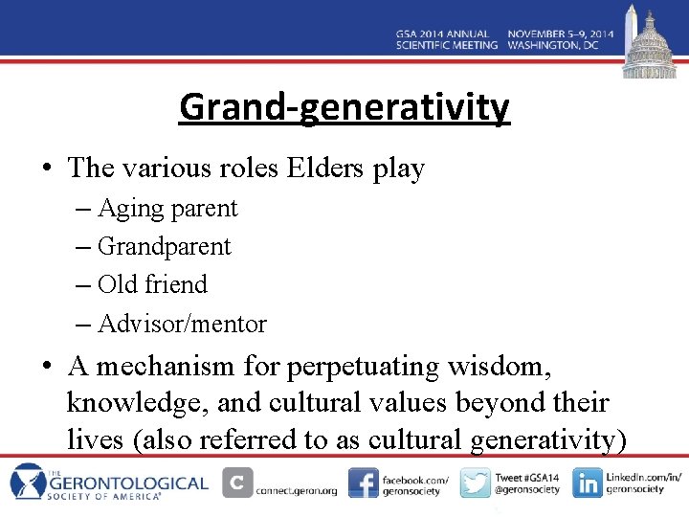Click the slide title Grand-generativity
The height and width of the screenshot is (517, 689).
coord(344,107)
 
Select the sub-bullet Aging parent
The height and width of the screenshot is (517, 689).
coord(167,208)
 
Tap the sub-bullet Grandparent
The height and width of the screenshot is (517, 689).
coord(164,246)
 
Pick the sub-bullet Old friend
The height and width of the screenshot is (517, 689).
coord(152,284)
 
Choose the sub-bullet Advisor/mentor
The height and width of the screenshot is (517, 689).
coord(182,324)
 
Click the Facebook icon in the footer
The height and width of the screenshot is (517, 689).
coord(363,483)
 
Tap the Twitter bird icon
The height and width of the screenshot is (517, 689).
coord(475,483)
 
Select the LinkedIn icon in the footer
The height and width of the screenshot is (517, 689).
coord(587,483)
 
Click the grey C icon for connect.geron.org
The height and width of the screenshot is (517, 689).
coord(237,483)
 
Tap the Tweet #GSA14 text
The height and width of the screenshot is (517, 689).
coord(525,476)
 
